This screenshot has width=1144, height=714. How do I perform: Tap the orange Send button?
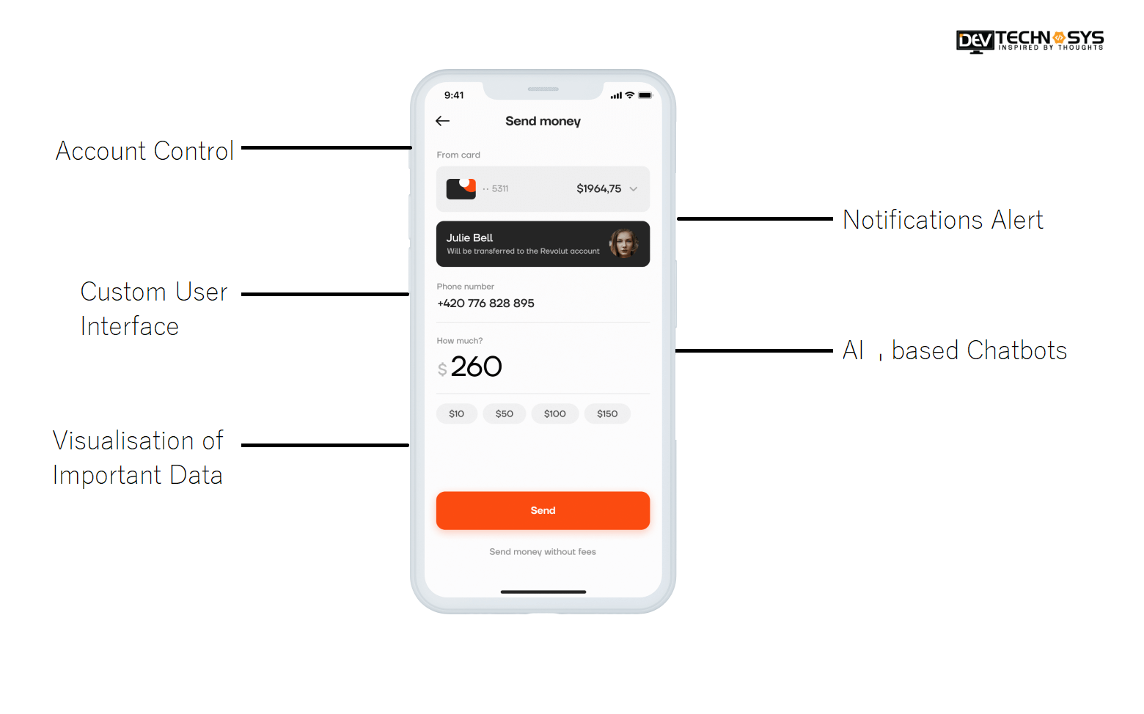click(543, 510)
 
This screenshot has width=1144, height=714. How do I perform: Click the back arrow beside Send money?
click(442, 121)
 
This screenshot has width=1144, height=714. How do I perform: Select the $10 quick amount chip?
click(457, 413)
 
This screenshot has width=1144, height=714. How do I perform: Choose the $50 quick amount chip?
click(504, 413)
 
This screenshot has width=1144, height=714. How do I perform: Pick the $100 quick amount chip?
click(554, 413)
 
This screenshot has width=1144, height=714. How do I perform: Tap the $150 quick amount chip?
click(607, 413)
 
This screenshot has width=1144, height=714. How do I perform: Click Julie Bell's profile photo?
click(623, 243)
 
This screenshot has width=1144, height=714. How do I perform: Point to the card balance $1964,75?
click(598, 189)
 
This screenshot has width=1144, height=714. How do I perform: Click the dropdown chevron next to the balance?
click(634, 189)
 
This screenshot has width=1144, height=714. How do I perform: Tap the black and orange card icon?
click(461, 189)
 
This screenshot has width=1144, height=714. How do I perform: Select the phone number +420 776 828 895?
click(485, 303)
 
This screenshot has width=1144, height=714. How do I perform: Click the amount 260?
click(476, 367)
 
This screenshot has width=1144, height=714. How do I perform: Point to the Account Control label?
click(144, 151)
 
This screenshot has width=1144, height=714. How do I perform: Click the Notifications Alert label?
click(942, 220)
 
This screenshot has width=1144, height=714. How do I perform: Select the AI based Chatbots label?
click(955, 350)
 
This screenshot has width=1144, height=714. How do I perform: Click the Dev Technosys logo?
click(1030, 41)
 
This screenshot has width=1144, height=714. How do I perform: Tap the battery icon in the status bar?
click(645, 95)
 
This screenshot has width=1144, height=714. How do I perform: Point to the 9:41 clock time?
click(453, 95)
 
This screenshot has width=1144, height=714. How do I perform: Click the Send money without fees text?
click(543, 552)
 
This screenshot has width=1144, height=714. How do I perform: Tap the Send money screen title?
click(543, 122)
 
